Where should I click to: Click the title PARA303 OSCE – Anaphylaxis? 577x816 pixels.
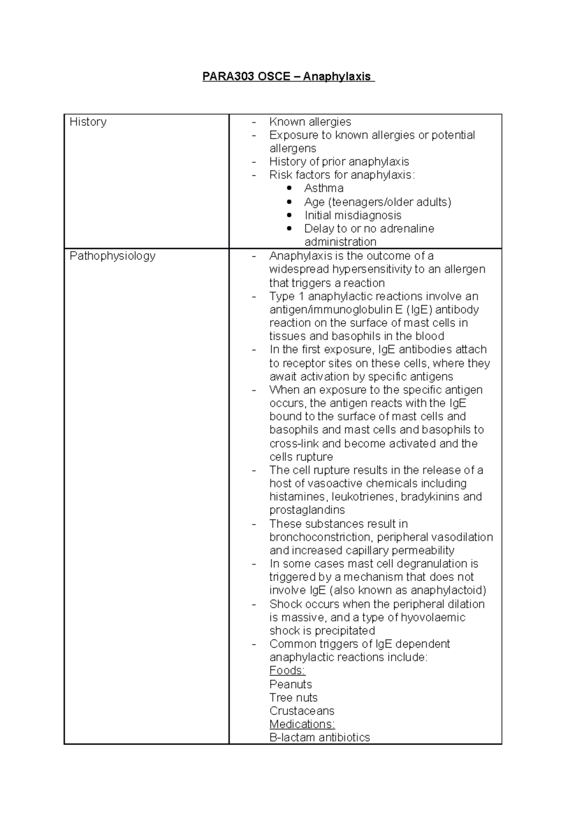pyautogui.click(x=288, y=76)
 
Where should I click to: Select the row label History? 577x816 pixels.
pyautogui.click(x=88, y=122)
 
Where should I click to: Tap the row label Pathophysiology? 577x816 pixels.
pyautogui.click(x=113, y=256)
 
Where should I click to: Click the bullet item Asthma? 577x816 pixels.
pyautogui.click(x=324, y=188)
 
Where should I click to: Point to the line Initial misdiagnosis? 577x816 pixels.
pyautogui.click(x=352, y=215)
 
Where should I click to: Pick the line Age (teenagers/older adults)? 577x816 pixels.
pyautogui.click(x=377, y=202)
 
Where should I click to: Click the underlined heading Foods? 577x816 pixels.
pyautogui.click(x=287, y=671)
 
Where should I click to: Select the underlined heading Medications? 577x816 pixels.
pyautogui.click(x=302, y=724)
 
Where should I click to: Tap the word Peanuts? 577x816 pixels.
pyautogui.click(x=290, y=684)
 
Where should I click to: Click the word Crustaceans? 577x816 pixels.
pyautogui.click(x=301, y=711)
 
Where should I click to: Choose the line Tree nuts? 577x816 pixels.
pyautogui.click(x=293, y=698)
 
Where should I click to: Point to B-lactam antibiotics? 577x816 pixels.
pyautogui.click(x=319, y=738)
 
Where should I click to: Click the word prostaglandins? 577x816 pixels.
pyautogui.click(x=307, y=510)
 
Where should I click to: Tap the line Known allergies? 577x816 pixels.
pyautogui.click(x=310, y=122)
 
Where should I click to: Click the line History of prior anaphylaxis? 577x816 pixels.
pyautogui.click(x=339, y=162)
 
